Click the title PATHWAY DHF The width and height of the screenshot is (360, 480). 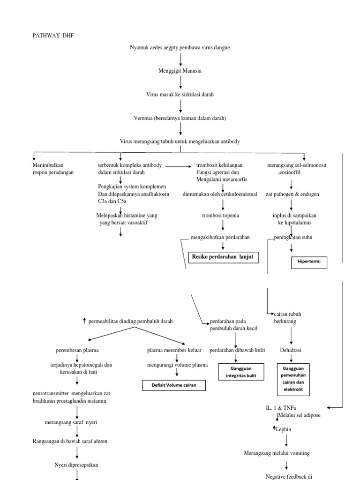(53, 35)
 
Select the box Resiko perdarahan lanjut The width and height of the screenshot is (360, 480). (223, 257)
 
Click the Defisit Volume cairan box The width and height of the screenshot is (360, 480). (174, 385)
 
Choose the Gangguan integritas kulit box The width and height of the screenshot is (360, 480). (240, 373)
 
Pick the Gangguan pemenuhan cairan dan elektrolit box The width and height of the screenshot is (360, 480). (295, 379)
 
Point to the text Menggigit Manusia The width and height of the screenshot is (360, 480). (180, 71)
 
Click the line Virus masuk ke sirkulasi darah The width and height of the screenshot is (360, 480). (180, 94)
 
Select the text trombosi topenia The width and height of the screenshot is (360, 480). (220, 215)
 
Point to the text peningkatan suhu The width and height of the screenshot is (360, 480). (293, 238)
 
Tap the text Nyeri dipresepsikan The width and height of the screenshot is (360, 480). (76, 465)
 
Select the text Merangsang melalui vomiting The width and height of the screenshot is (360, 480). (277, 453)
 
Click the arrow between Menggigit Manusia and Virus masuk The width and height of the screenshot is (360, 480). (180, 82)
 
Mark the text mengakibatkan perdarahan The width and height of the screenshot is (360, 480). (220, 238)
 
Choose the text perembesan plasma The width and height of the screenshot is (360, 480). (77, 350)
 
